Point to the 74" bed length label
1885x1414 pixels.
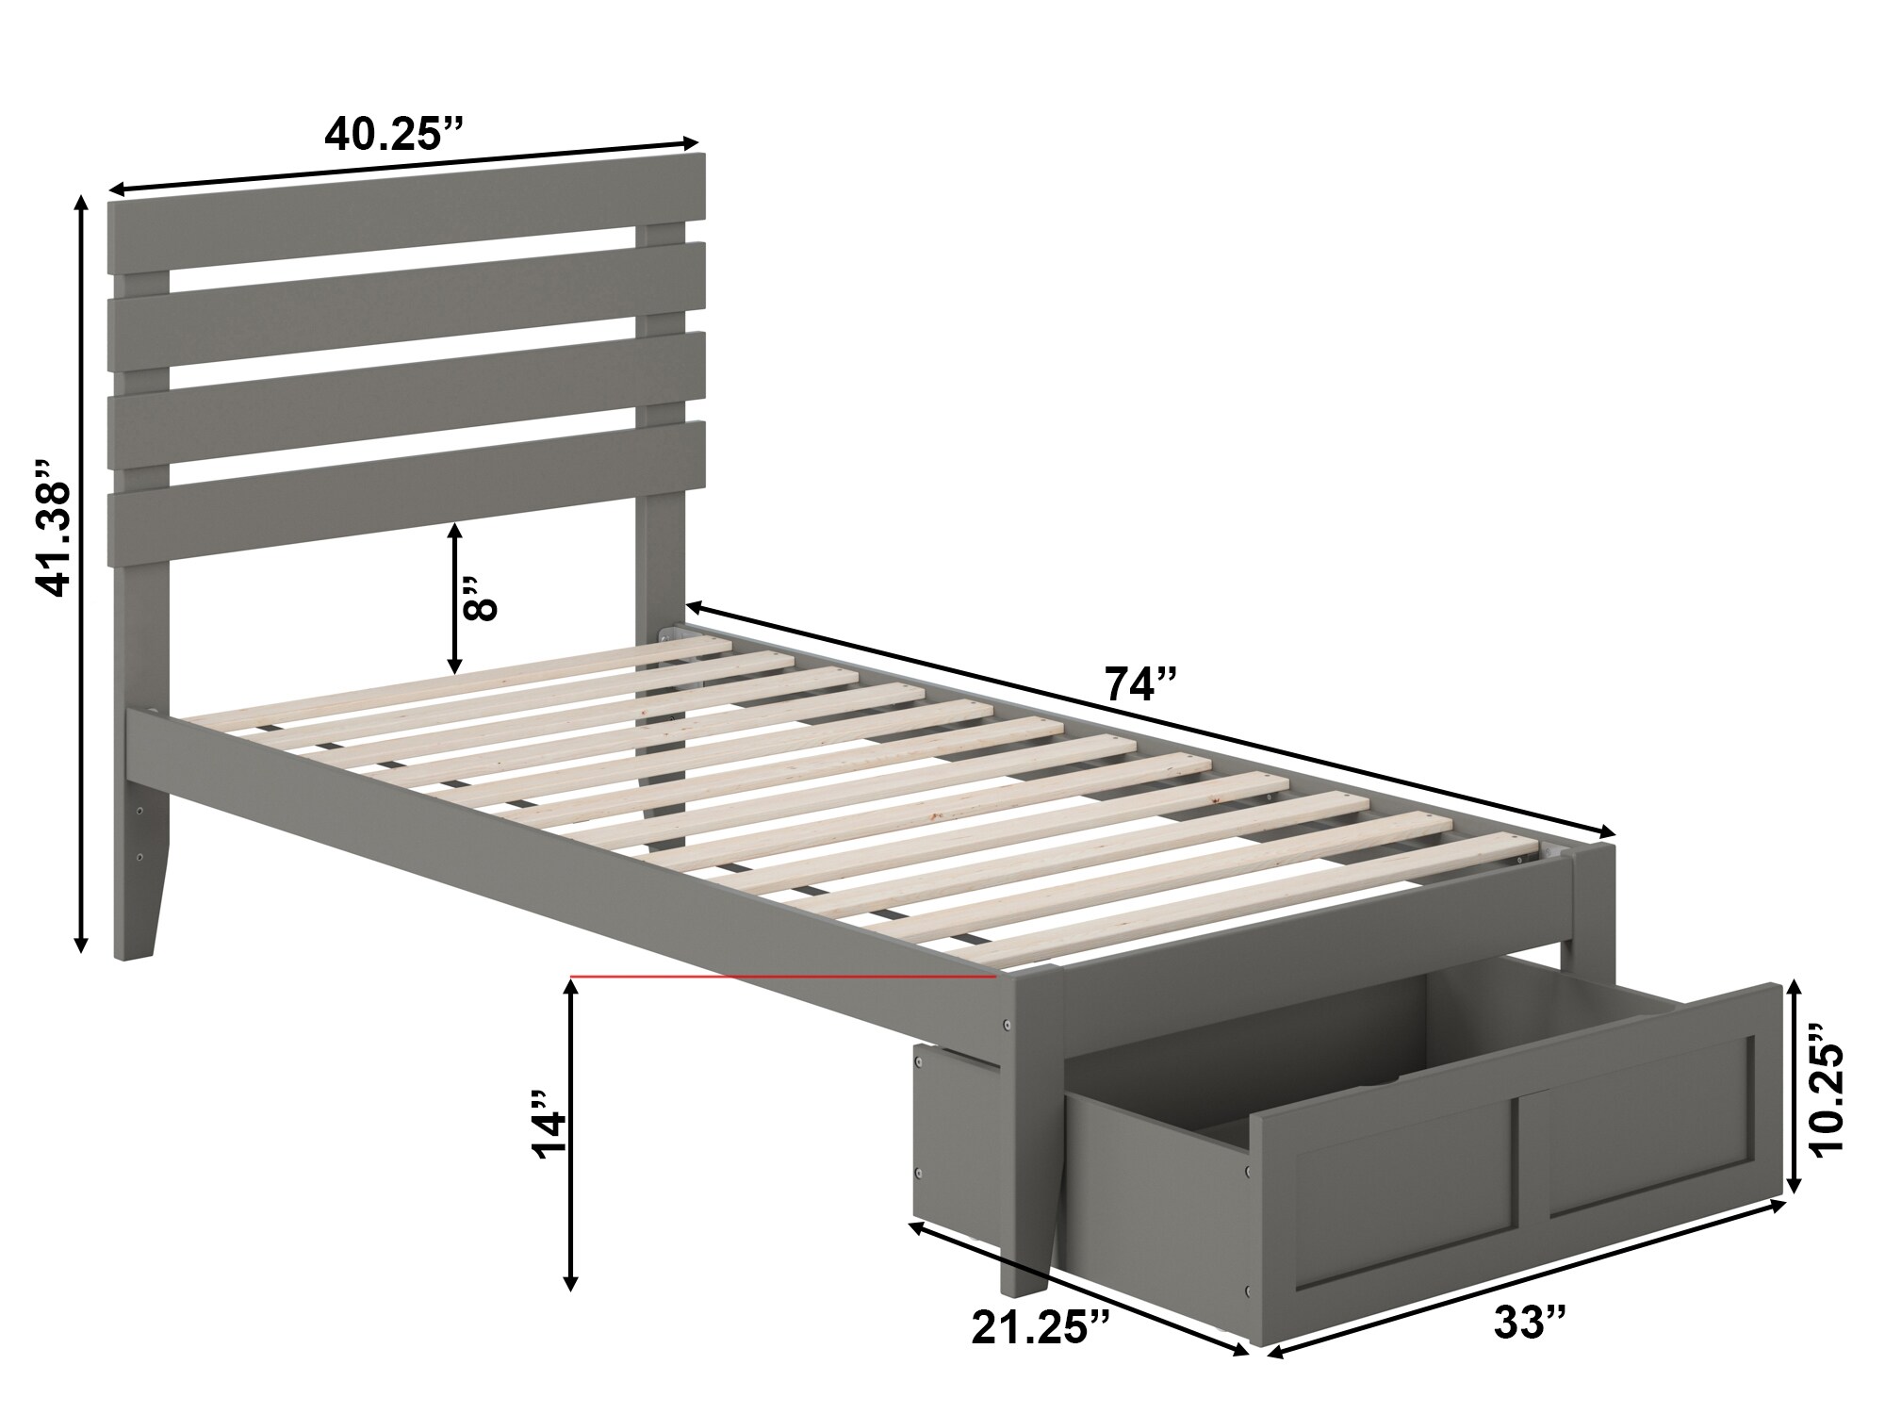click(1141, 684)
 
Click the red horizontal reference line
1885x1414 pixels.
click(782, 978)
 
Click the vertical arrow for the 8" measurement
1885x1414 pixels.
click(455, 598)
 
